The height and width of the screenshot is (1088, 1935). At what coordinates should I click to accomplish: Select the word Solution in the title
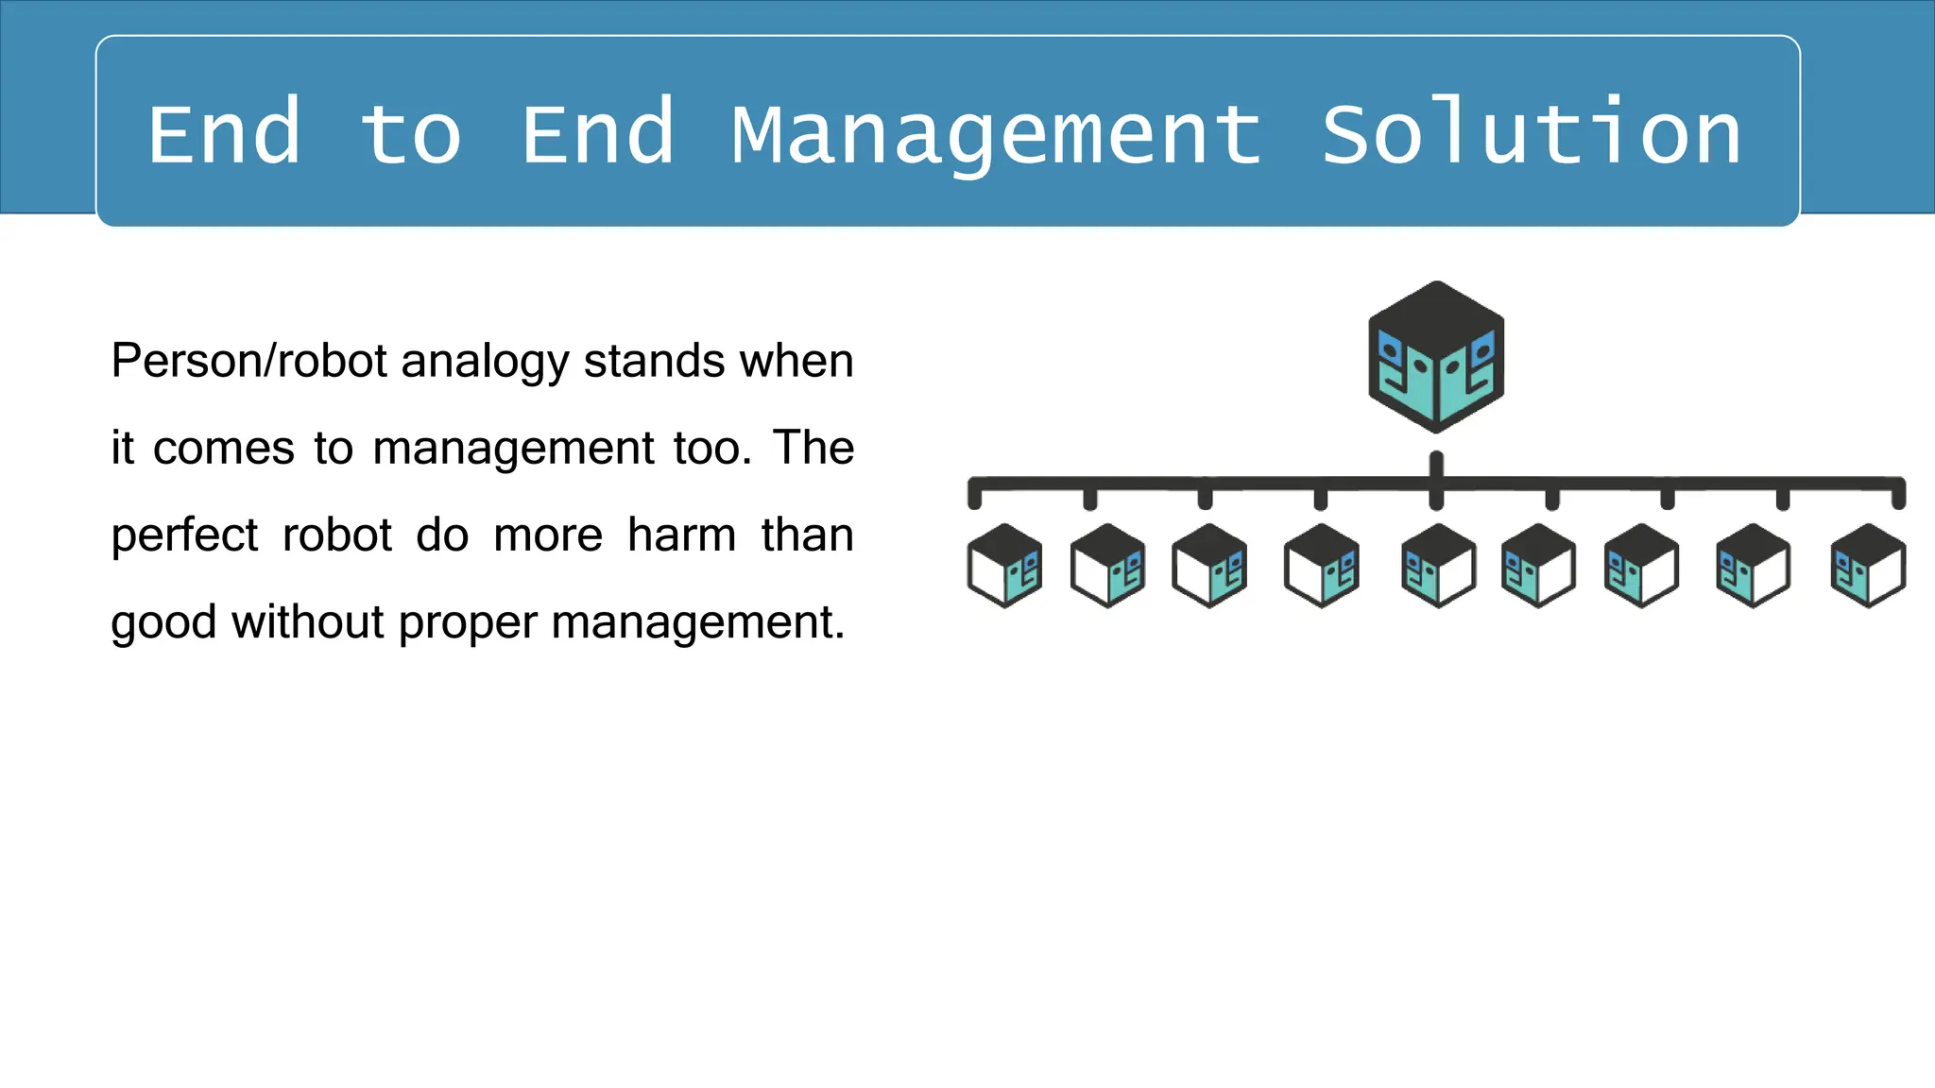click(1531, 133)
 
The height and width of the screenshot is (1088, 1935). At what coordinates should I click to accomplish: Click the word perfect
click(184, 536)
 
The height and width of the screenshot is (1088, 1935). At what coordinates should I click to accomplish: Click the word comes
click(224, 449)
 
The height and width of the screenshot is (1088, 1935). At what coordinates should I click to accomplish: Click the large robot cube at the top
click(1436, 357)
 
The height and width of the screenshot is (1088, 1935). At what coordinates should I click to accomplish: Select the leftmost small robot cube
click(1004, 566)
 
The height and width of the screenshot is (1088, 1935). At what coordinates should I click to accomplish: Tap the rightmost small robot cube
click(1868, 566)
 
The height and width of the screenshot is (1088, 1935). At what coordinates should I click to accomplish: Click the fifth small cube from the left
click(1438, 566)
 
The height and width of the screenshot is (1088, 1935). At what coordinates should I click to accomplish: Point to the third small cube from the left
click(1209, 566)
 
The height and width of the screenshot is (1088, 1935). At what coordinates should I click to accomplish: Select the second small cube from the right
click(1753, 566)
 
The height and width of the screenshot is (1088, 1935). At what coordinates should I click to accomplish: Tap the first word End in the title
click(225, 133)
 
